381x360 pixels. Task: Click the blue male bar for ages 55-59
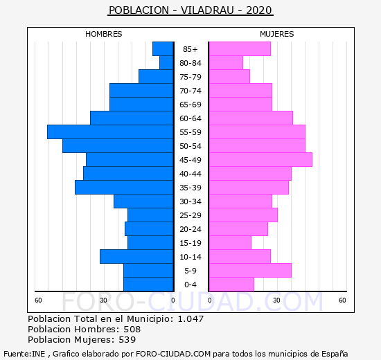[x=110, y=132]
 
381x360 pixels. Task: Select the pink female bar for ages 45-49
[x=260, y=160]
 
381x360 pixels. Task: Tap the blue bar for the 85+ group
[x=163, y=49]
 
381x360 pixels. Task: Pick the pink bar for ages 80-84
[x=226, y=63]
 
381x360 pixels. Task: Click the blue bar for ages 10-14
[x=136, y=257]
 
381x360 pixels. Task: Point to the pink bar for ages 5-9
[x=250, y=271]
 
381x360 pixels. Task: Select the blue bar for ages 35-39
[x=124, y=188]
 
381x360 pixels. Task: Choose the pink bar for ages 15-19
[x=230, y=243]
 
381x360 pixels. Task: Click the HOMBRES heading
[x=103, y=34]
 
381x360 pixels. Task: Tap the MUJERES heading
[x=277, y=34]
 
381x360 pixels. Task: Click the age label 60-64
[x=190, y=118]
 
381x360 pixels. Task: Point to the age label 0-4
[x=190, y=285]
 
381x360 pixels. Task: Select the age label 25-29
[x=190, y=215]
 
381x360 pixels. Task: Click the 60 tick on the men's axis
[x=38, y=300]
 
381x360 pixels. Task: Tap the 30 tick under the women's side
[x=276, y=300]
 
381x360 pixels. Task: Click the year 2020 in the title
[x=259, y=10]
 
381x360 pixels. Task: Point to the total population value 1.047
[x=190, y=318]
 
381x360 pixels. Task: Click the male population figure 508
[x=132, y=329]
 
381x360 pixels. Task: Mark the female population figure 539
[x=127, y=340]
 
